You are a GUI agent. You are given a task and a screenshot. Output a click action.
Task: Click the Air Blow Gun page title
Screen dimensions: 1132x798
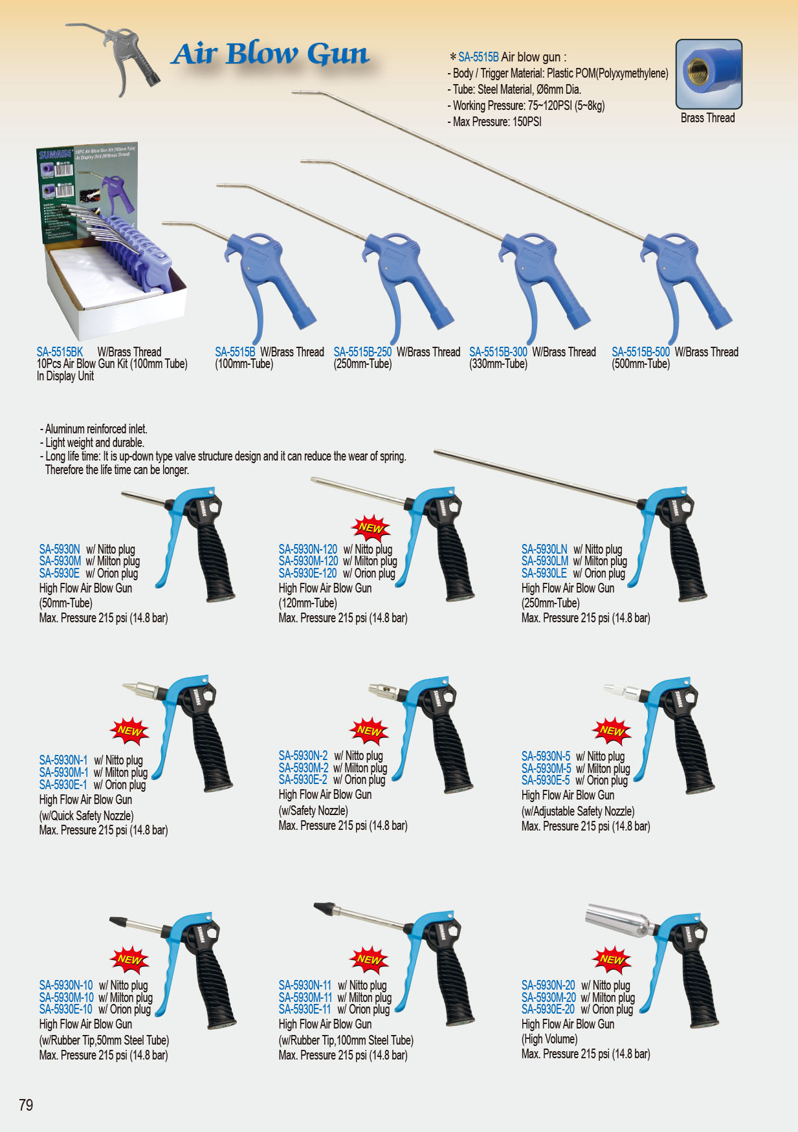[x=271, y=54]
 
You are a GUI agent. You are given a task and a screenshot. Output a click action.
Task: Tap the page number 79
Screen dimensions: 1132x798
[x=26, y=1105]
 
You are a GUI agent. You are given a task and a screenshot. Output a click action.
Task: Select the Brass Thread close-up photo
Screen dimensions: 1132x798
[x=708, y=74]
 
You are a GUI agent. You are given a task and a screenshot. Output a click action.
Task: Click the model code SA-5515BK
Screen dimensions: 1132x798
[x=60, y=352]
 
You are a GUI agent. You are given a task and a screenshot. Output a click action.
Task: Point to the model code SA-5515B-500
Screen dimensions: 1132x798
[x=640, y=352]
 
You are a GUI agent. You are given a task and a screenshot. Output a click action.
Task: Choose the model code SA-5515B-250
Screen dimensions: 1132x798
[x=362, y=352]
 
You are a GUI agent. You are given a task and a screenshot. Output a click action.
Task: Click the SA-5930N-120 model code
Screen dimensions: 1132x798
[x=308, y=549]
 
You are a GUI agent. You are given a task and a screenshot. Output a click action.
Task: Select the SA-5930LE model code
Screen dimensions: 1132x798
[x=544, y=573]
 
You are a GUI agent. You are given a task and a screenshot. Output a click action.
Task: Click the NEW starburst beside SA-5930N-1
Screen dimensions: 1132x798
[x=129, y=731]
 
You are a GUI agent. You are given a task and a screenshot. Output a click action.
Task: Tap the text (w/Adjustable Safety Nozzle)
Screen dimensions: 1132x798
[x=577, y=811]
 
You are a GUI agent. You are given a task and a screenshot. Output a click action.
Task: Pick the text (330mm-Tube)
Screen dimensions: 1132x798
[x=498, y=364]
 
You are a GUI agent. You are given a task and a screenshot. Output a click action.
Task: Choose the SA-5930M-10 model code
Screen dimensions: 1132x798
[x=66, y=997]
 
